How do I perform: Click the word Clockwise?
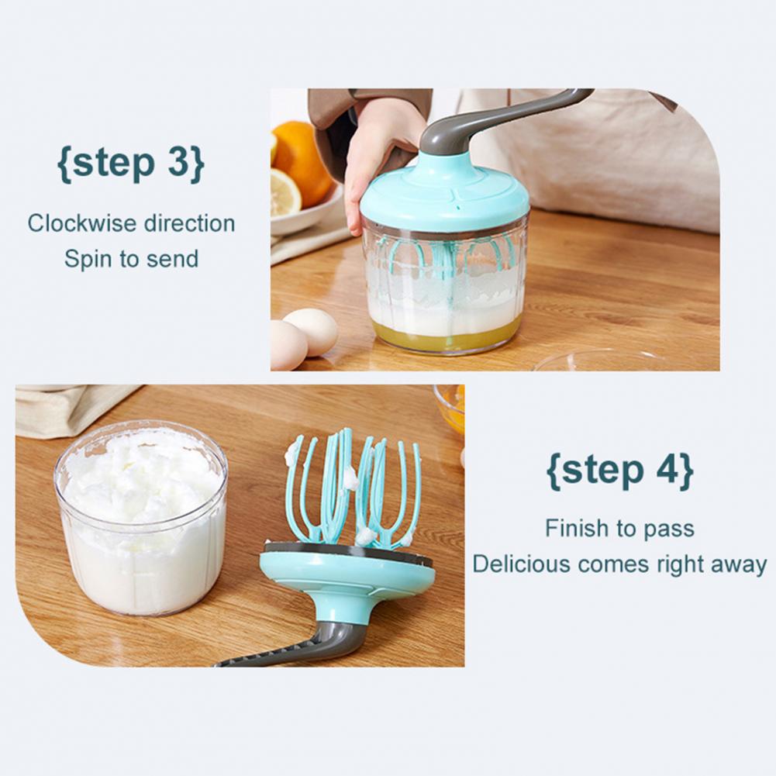[x=82, y=223]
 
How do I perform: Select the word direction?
[x=190, y=223]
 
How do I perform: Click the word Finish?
[x=576, y=528]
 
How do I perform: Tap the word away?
[x=739, y=565]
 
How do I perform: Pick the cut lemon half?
[x=285, y=192]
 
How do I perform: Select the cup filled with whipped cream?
[x=141, y=517]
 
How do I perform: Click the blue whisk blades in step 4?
[x=353, y=488]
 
